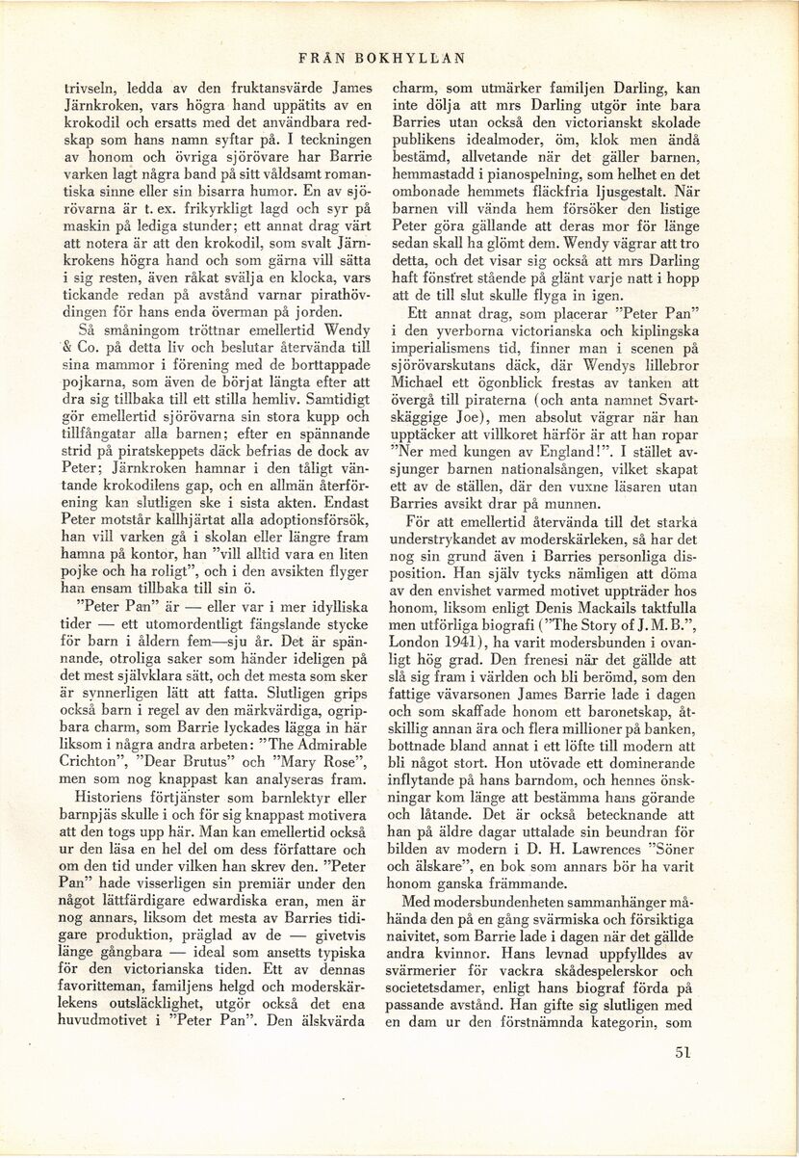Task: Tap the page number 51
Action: pyautogui.click(x=684, y=1052)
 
